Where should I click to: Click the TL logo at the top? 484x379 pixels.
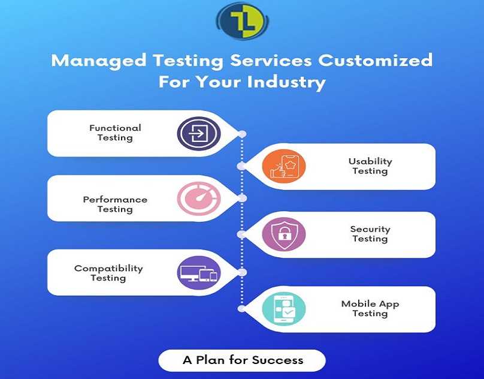[x=243, y=21]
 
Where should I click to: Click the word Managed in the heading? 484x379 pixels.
[x=99, y=61]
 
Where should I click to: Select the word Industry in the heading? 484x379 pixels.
[x=286, y=83]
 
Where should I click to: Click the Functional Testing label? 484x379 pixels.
[x=115, y=133]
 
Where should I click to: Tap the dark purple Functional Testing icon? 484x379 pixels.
[x=199, y=134]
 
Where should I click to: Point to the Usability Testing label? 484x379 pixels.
[x=370, y=166]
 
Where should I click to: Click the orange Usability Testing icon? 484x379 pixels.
[x=284, y=166]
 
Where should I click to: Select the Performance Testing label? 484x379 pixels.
[x=115, y=204]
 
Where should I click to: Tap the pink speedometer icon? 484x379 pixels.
[x=199, y=198]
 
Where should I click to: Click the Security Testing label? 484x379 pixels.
[x=370, y=234]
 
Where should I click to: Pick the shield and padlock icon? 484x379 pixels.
[x=284, y=234]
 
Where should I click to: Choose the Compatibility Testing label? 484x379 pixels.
[x=108, y=273]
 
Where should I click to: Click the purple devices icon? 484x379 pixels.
[x=199, y=273]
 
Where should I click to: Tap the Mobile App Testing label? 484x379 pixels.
[x=370, y=308]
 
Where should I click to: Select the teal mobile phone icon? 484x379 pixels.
[x=284, y=309]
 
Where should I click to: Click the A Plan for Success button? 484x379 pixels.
[x=242, y=360]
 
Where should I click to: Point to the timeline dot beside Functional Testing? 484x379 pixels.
[x=243, y=134]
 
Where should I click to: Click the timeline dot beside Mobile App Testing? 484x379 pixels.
[x=241, y=308]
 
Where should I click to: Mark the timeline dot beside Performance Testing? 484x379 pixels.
[x=243, y=198]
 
